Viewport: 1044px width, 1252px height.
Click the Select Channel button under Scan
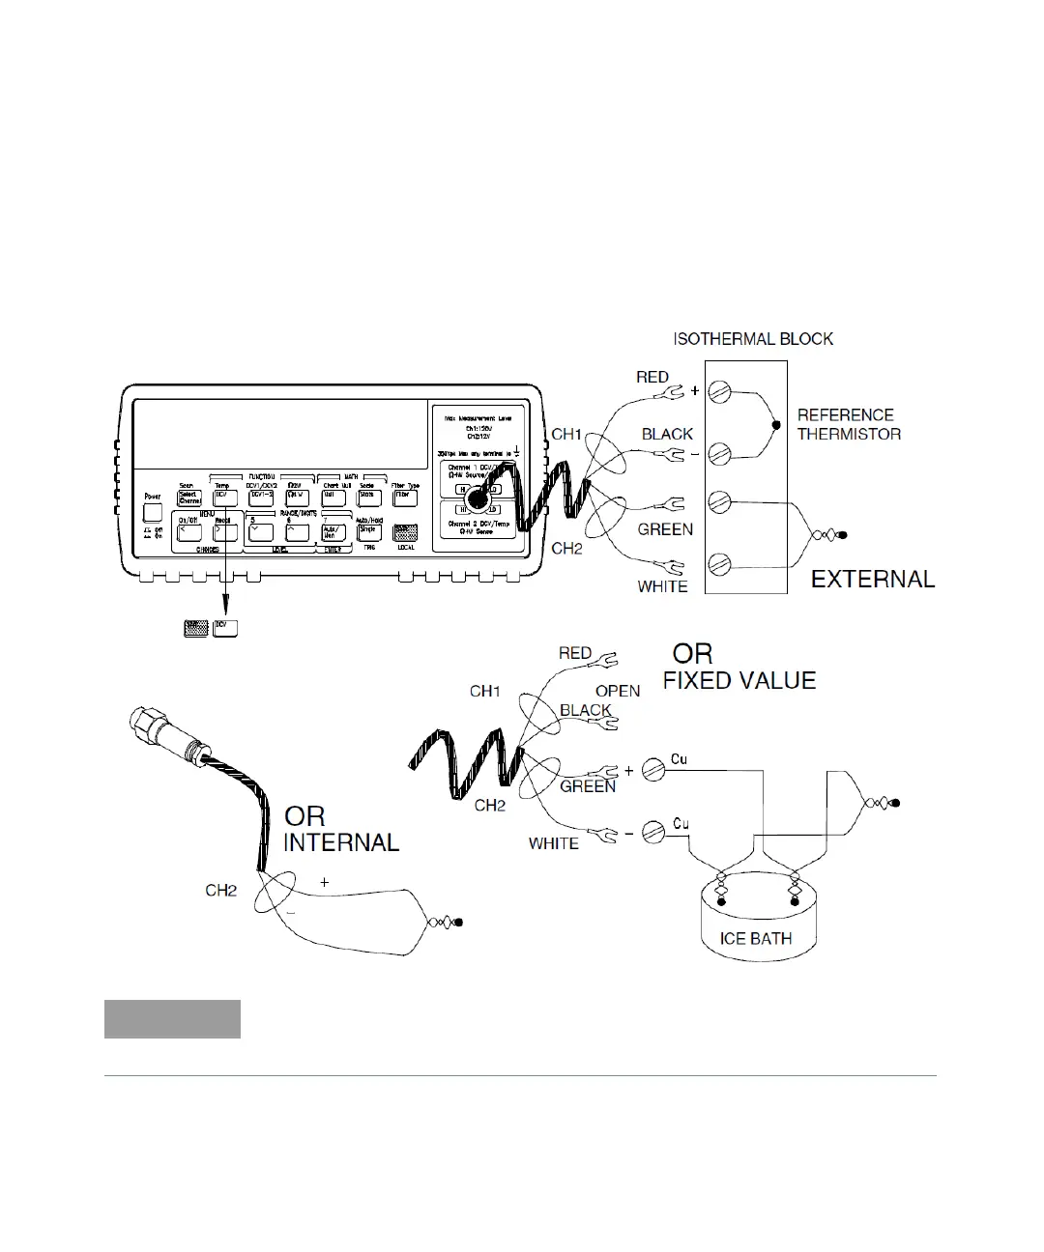tap(188, 497)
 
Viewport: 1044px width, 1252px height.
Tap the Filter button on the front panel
tap(404, 497)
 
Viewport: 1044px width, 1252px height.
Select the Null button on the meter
tap(332, 497)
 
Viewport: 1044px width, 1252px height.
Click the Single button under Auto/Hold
tap(369, 531)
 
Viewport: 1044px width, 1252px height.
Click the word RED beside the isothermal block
tap(652, 377)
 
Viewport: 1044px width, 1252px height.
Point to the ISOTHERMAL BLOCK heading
tap(753, 339)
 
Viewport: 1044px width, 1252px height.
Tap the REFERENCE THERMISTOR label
tap(849, 424)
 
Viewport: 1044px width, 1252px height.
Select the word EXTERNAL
tap(872, 580)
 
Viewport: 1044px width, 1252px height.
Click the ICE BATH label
tap(756, 938)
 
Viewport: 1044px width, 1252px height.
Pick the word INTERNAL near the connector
tap(341, 842)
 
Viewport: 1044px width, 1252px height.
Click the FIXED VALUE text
tap(739, 681)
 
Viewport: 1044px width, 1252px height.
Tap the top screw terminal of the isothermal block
tap(718, 391)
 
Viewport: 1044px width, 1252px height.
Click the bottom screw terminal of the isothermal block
tap(718, 563)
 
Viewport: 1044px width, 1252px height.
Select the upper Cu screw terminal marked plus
tap(654, 770)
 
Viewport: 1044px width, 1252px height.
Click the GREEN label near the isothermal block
tap(665, 529)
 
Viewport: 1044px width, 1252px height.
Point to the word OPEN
tap(618, 691)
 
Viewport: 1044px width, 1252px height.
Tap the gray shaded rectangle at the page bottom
tap(172, 1019)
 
